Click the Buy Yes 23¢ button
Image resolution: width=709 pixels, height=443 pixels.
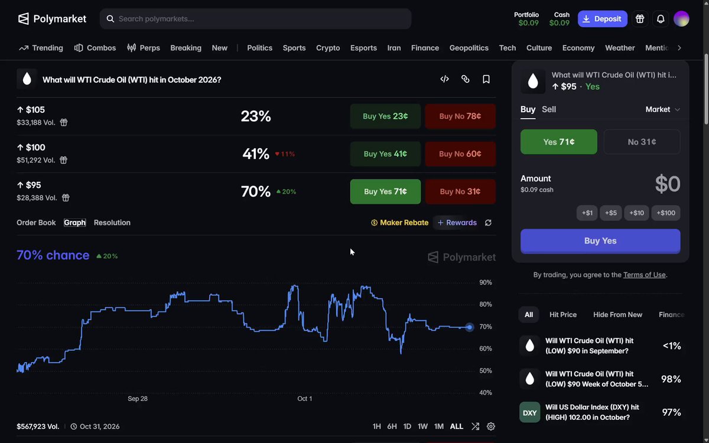(x=385, y=116)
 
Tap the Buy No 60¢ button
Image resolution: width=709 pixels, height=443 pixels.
(x=460, y=154)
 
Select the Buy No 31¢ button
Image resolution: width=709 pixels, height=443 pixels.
(x=460, y=191)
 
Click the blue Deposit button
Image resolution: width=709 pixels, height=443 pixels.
(x=602, y=19)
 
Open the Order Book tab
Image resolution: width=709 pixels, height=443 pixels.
(x=36, y=223)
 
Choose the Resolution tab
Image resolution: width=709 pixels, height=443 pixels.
(x=112, y=223)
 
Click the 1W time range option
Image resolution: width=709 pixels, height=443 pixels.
(x=422, y=426)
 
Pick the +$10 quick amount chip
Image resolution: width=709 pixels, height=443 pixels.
(x=636, y=213)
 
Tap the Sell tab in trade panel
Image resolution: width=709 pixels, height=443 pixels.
(x=548, y=109)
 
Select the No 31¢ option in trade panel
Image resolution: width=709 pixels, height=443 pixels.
(x=642, y=142)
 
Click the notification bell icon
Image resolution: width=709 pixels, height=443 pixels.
(x=661, y=19)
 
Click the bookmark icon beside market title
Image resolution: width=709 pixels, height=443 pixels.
(x=486, y=79)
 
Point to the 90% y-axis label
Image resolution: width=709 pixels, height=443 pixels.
(x=486, y=282)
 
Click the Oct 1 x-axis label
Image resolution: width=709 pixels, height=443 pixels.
(x=304, y=399)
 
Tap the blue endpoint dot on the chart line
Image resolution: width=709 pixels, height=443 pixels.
(x=469, y=327)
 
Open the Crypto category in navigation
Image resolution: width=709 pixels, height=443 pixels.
(x=328, y=48)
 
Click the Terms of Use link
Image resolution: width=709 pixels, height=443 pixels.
(x=644, y=275)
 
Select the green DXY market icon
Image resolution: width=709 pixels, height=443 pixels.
(x=529, y=412)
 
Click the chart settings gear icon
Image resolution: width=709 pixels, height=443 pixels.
(x=490, y=426)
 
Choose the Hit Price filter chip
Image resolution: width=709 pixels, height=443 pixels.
(x=562, y=314)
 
